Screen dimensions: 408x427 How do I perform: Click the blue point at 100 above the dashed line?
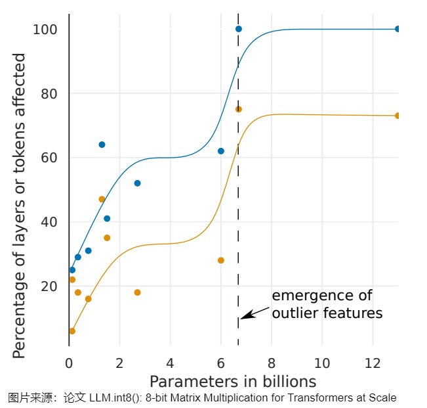pos(239,29)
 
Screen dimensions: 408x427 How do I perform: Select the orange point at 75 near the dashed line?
pos(239,109)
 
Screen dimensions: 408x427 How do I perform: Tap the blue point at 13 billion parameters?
pos(397,29)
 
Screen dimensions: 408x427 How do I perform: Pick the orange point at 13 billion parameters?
pos(397,116)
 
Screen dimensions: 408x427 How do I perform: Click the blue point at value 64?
pos(102,145)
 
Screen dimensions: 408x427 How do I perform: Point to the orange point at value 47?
pos(102,199)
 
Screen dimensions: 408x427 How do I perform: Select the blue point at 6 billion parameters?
pos(221,151)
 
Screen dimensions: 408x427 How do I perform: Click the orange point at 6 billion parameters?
pos(221,260)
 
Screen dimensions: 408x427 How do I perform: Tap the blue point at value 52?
pos(137,183)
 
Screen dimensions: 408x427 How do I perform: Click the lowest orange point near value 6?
pos(72,331)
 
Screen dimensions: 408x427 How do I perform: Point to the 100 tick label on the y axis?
pos(45,30)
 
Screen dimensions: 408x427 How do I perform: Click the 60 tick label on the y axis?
pos(49,158)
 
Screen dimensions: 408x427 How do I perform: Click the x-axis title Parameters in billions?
pos(233,382)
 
